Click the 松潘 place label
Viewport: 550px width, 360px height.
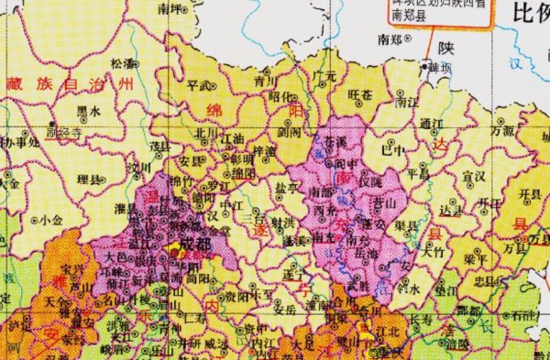point(122,63)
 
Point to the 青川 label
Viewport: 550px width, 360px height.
point(239,81)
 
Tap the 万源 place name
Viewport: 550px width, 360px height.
point(502,131)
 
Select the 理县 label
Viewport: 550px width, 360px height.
point(89,178)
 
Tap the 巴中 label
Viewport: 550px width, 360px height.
point(393,148)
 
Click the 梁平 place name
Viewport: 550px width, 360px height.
point(476,259)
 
